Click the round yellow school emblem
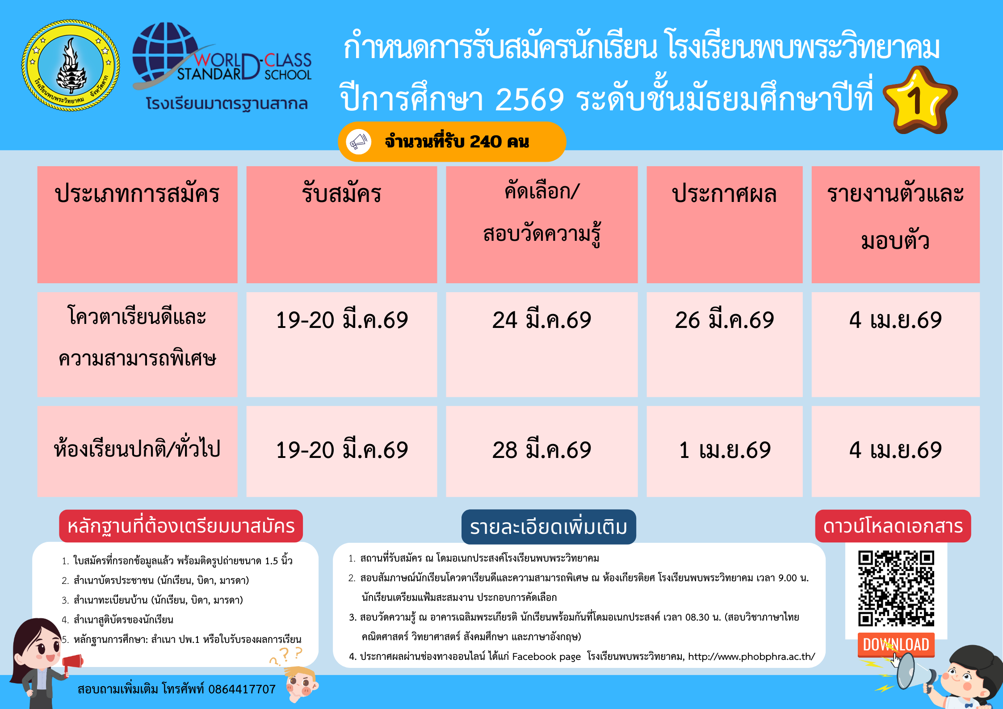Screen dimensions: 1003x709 pos(71,65)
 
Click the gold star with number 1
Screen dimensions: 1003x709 pos(920,100)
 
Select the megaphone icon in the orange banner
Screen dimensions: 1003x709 pos(358,142)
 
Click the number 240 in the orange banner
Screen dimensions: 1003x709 pos(486,142)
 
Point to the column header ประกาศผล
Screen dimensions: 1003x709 pos(724,194)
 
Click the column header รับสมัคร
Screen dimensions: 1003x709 pos(342,194)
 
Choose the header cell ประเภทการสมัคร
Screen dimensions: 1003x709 pos(137,194)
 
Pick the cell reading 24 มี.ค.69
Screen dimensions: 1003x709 pos(541,320)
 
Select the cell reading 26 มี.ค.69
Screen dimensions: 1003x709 pos(724,320)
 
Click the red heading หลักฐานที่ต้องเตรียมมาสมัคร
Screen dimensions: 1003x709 pos(181,526)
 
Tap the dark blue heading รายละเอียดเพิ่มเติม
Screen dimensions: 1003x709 pos(549,527)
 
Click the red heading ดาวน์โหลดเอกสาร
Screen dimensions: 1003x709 pos(893,526)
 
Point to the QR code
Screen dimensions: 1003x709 pos(896,588)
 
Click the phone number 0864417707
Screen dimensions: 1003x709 pos(242,689)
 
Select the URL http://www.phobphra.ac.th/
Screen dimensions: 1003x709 pos(751,656)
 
